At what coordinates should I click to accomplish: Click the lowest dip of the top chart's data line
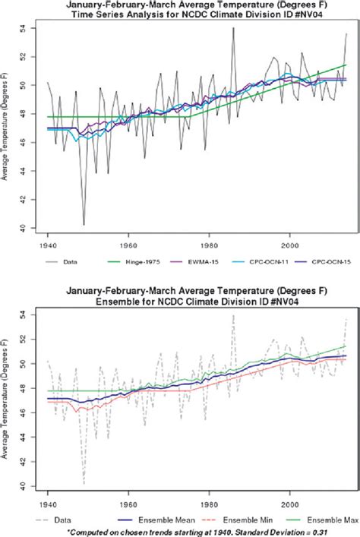pos(84,225)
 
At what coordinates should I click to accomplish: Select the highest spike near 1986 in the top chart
pos(233,29)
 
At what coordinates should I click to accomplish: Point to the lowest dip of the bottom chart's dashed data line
pos(84,483)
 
